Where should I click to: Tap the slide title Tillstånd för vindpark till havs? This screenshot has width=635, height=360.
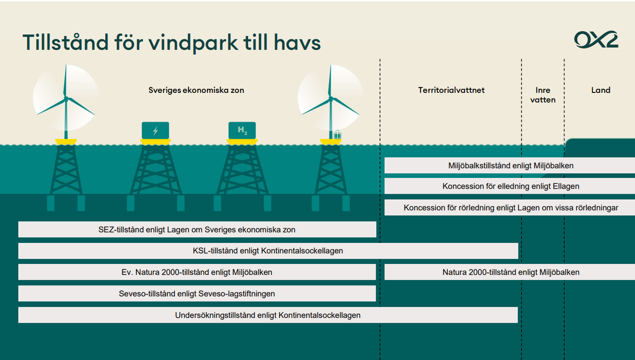(172, 42)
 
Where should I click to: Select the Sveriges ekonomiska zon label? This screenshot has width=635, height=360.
(196, 90)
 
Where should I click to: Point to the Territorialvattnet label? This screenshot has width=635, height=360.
(451, 90)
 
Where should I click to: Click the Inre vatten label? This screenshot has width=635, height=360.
(543, 95)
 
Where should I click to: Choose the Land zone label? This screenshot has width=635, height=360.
(601, 90)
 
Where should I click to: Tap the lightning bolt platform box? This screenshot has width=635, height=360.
(155, 131)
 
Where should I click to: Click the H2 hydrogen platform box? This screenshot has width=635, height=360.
(242, 131)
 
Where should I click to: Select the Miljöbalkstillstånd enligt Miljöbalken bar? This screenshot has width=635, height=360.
(509, 165)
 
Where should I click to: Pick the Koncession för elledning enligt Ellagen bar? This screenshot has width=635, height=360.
(509, 186)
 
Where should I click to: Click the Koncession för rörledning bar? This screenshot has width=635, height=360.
(509, 208)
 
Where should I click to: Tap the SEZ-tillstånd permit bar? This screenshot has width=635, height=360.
(197, 229)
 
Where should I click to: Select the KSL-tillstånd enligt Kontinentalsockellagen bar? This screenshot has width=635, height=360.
(268, 251)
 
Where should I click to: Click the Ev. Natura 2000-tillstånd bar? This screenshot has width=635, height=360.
(197, 272)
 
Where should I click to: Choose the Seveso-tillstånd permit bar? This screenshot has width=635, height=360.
(197, 294)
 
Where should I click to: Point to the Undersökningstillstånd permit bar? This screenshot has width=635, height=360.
(268, 315)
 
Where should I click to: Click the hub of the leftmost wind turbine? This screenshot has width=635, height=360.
(66, 99)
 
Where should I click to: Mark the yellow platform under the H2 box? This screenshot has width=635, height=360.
(242, 142)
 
